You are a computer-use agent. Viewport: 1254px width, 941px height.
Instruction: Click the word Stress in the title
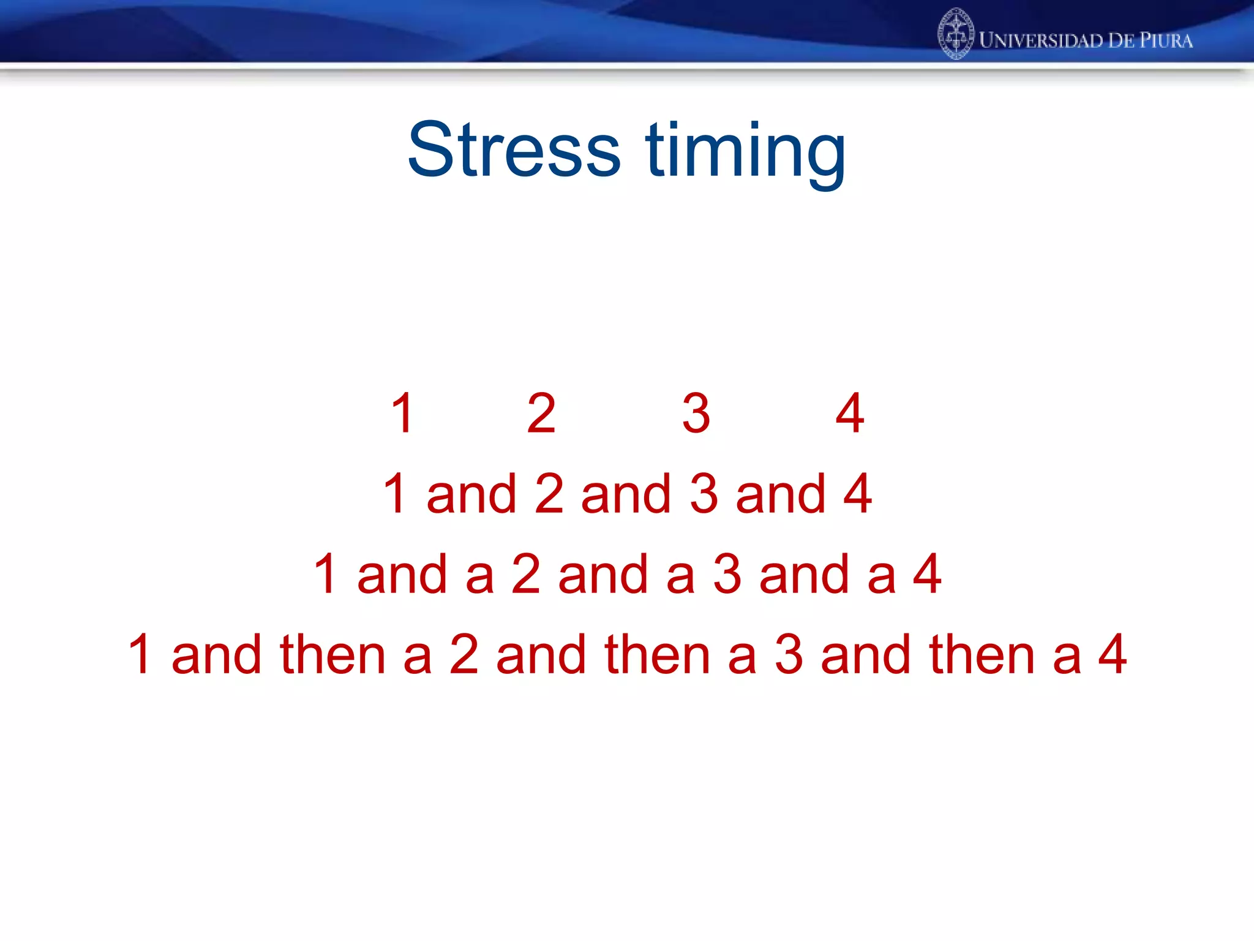point(514,150)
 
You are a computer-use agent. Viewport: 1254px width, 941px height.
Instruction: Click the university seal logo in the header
point(955,34)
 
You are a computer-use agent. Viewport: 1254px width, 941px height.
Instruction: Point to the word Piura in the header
point(1166,40)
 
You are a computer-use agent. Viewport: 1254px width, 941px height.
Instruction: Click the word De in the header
point(1121,40)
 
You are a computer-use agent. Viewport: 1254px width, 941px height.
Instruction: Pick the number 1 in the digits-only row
point(402,414)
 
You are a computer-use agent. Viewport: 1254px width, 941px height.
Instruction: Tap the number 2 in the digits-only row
point(541,414)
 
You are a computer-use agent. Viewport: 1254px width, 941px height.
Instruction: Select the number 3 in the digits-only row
point(696,414)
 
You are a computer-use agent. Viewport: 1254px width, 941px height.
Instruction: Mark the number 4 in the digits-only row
point(850,414)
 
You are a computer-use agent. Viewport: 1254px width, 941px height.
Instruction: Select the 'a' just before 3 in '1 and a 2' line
point(680,575)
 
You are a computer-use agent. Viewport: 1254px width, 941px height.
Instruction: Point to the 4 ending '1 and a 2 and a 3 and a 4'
point(927,574)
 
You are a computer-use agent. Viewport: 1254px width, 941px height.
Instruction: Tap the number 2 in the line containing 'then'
point(464,654)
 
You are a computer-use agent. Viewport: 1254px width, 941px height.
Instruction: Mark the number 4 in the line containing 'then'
point(1113,654)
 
